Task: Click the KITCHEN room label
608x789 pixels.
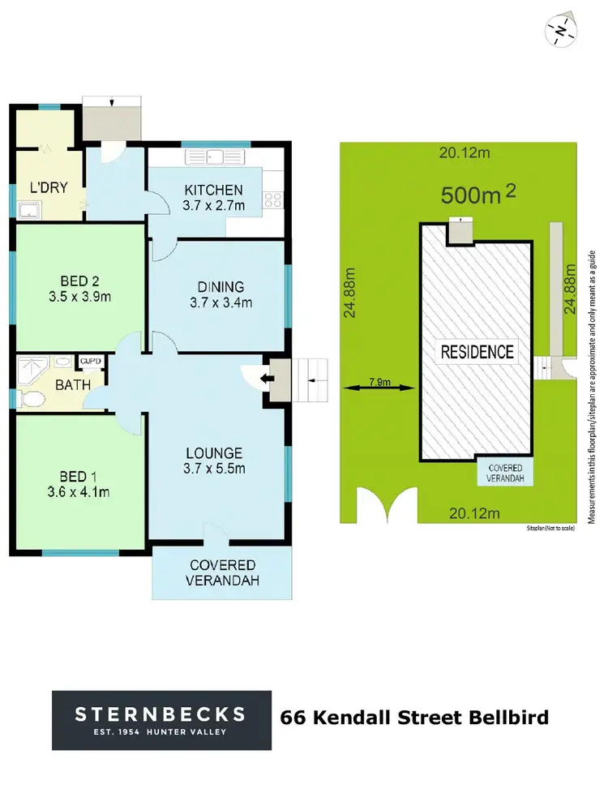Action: [x=212, y=190]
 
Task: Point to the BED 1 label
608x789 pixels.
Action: [x=79, y=474]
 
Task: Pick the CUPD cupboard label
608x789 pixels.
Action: [x=89, y=362]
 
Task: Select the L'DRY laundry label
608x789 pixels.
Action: [x=48, y=188]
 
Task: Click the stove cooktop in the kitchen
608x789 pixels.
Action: [x=272, y=198]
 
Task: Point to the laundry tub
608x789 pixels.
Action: [x=29, y=212]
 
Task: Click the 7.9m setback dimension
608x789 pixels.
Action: [x=379, y=380]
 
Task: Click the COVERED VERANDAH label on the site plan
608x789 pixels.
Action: [x=505, y=474]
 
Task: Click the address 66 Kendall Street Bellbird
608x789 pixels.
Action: [x=413, y=718]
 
